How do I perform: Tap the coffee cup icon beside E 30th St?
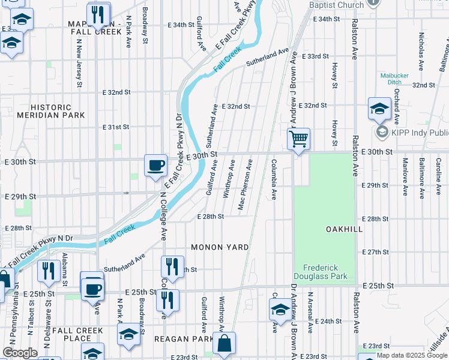(156, 165)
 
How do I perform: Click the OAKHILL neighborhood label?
(345, 229)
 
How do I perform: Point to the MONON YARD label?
(220, 247)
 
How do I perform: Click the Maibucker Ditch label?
(394, 79)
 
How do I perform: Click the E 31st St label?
(116, 127)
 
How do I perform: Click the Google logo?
(20, 353)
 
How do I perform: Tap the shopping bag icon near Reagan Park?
(224, 344)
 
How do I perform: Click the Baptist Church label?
(337, 5)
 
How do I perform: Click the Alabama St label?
(63, 267)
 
